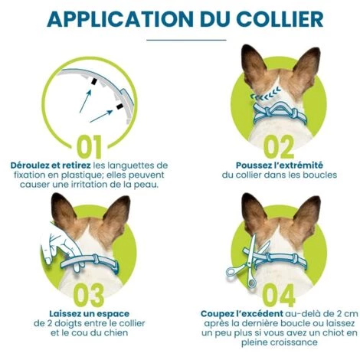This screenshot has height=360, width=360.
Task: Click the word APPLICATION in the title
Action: pos(120,19)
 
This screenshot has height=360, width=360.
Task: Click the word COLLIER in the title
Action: pos(280,19)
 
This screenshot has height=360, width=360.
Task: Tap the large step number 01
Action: pos(89,146)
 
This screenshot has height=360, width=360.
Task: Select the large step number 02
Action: pos(279,146)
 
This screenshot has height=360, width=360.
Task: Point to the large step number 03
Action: pos(89,295)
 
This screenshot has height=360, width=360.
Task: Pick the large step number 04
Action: pos(279,295)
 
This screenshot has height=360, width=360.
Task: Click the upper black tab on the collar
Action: pos(93,81)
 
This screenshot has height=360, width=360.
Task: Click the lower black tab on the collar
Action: pos(119,106)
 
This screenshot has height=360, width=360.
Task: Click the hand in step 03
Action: pos(63,249)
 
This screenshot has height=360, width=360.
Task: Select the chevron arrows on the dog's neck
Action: pos(266,94)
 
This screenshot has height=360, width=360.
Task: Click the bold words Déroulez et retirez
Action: pos(51,165)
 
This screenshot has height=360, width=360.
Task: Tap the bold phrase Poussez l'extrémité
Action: pos(280,165)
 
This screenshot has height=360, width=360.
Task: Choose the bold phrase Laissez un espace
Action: pos(90,314)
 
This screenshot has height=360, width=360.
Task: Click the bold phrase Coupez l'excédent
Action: pos(242,314)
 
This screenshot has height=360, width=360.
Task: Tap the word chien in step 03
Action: pos(116,333)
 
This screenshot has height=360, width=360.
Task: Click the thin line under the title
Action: pos(186,40)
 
